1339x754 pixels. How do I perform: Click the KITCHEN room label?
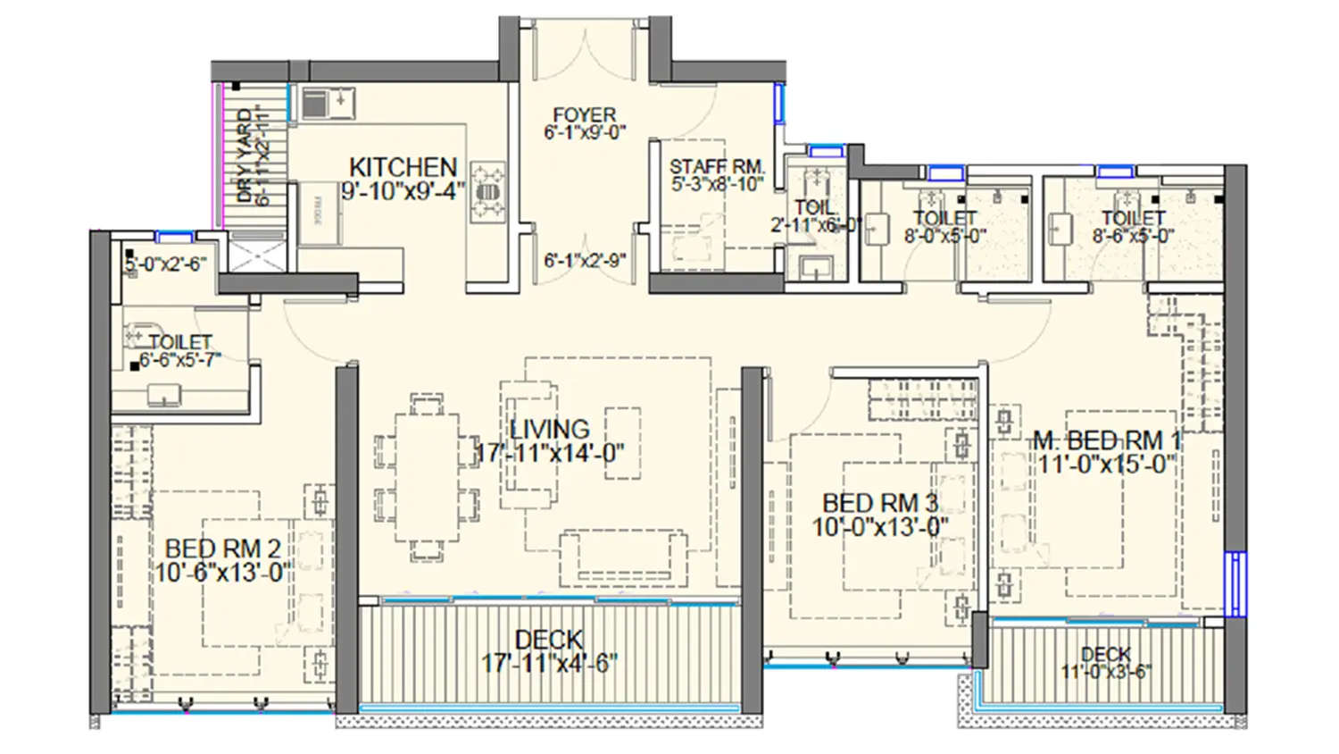click(403, 167)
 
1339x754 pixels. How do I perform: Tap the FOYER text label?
click(585, 115)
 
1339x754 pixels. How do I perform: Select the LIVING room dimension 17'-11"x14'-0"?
click(550, 453)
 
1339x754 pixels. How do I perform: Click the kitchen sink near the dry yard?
click(327, 103)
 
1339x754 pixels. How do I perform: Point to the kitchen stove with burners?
click(487, 191)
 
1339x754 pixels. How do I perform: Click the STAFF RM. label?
click(717, 167)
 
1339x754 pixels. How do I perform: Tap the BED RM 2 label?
click(223, 549)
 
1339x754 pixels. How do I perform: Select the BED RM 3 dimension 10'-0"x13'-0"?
click(880, 527)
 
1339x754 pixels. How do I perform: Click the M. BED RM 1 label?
click(1106, 440)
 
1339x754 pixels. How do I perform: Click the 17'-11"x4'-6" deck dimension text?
click(550, 664)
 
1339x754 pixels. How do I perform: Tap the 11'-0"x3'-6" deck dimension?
click(1106, 671)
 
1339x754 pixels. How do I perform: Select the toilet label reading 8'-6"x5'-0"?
click(1133, 237)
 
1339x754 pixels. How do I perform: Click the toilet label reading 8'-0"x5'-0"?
click(944, 237)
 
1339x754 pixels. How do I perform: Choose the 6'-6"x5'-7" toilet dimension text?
click(179, 360)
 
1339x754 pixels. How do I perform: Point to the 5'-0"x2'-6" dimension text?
click(165, 264)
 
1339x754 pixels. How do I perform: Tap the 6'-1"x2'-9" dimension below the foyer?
click(585, 261)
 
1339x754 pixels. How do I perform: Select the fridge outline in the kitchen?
click(320, 214)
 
